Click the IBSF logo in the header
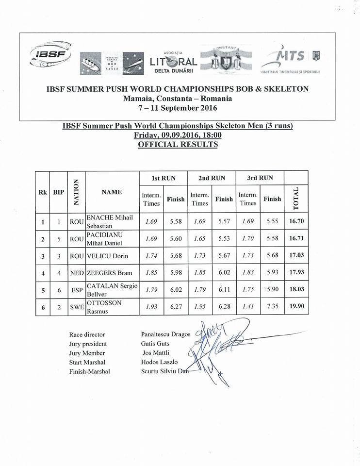(x=50, y=56)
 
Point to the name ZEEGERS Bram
(x=107, y=273)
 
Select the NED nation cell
(x=77, y=273)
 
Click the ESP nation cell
(x=77, y=290)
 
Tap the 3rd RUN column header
(x=260, y=178)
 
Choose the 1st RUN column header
(x=163, y=178)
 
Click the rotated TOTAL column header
(x=296, y=198)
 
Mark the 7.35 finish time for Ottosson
(x=272, y=307)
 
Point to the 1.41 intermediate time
(x=248, y=307)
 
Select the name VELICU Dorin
(x=107, y=256)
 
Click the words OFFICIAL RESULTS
(x=178, y=144)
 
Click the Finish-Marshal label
(x=90, y=371)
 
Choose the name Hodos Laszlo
(x=159, y=362)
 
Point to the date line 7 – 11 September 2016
(x=178, y=108)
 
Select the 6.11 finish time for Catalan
(x=224, y=290)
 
